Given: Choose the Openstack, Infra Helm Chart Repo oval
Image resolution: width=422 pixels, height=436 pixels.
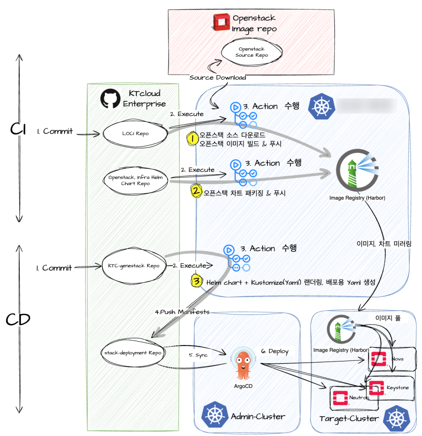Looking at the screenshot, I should (x=135, y=180).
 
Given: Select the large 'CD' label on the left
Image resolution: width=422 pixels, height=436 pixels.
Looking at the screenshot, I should (x=18, y=320).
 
